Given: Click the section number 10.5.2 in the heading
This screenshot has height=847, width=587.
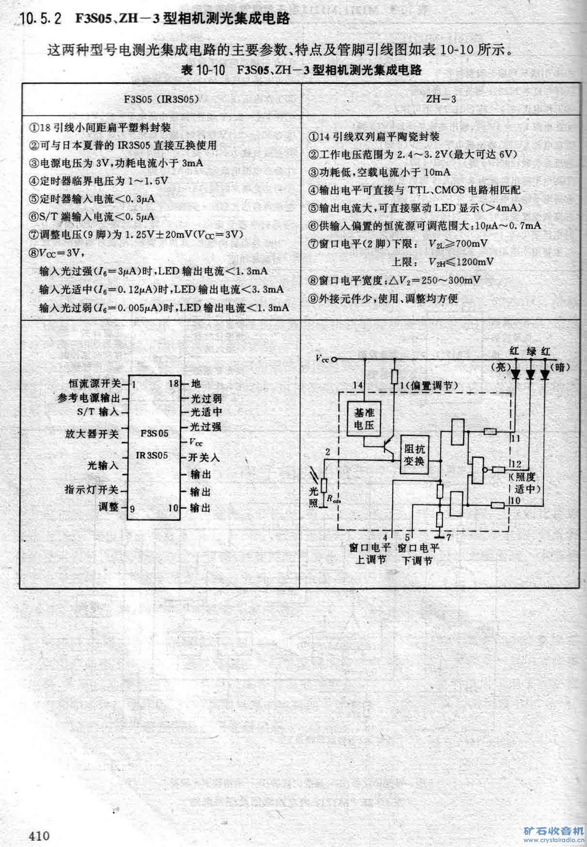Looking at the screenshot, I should coord(41,19).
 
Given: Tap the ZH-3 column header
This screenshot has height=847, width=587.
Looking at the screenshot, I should coord(441,99).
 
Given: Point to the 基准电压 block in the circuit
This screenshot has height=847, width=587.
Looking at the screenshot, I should coord(364,419).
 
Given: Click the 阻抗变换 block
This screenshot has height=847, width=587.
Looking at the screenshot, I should coord(414,455).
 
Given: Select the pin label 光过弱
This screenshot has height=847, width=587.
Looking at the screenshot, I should coord(206,398).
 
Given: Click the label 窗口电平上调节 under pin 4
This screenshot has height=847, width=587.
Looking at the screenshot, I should coord(370,554).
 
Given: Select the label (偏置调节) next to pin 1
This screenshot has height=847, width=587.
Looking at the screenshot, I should coord(432,385).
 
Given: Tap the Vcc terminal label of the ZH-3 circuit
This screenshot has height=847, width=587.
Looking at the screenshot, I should coord(321,359).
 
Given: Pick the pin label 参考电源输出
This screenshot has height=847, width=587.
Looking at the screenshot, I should coord(89,398).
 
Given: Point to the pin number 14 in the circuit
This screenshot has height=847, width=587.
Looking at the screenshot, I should coord(358,385).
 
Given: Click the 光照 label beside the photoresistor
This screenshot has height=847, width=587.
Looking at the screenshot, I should coord(314,496).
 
